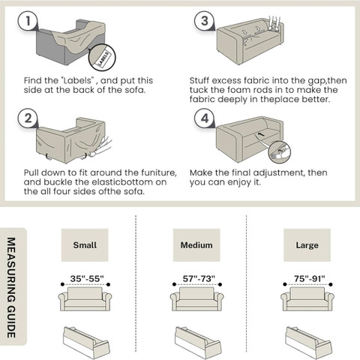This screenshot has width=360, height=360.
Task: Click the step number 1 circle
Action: pos(28,21)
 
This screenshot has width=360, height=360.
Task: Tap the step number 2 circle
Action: pos(28,118)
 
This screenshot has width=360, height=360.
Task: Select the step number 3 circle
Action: pos(205,21)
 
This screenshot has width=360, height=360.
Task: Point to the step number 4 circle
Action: pos(205,118)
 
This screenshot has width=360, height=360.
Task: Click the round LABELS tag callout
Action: pos(102,58)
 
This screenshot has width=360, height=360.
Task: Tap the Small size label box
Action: pos(85,245)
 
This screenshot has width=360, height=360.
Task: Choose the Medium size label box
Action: pos(196,245)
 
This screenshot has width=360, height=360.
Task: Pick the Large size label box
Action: pos(307,245)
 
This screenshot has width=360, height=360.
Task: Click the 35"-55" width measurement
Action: pos(86,278)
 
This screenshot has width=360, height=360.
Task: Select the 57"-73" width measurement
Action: pos(199,278)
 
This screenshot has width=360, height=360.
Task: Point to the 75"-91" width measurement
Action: pos(310,278)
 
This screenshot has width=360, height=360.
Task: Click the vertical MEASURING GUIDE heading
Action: pos(11,287)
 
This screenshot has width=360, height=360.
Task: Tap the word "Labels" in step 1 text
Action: pos(77,80)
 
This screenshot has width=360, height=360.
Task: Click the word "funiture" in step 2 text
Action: pos(159,172)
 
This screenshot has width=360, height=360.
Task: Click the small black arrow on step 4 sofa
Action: pos(260,134)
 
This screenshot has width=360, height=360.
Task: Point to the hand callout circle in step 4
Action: pos(280,152)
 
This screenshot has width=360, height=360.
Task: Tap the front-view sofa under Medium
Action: pos(196,298)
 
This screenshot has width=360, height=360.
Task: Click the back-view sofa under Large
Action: pos(308,342)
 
